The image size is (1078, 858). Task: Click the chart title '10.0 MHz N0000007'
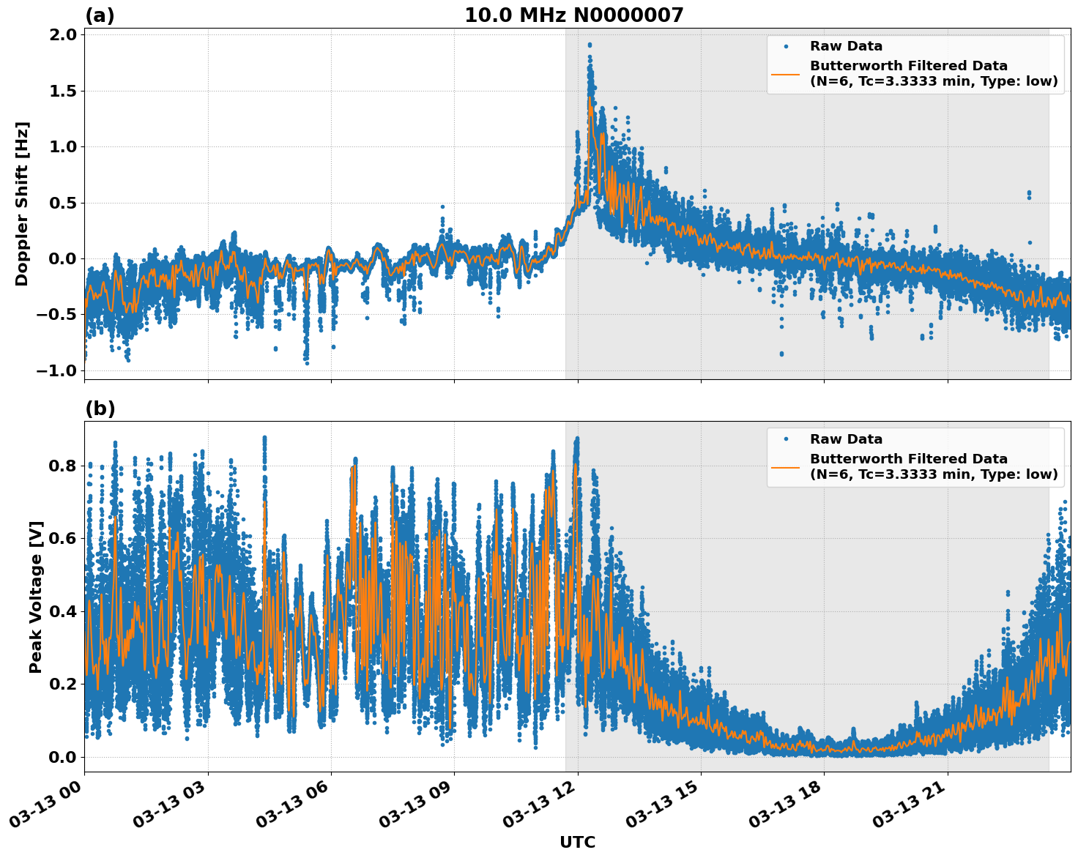tap(573, 15)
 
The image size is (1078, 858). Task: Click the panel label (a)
tap(100, 15)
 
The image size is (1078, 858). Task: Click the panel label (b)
tap(100, 409)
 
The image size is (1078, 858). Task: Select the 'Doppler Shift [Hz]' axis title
tap(23, 204)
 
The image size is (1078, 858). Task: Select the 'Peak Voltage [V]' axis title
tap(36, 597)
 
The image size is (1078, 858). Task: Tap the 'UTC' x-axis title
tap(577, 843)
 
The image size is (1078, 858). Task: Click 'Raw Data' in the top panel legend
tap(846, 46)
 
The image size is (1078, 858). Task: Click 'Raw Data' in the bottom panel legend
tap(846, 439)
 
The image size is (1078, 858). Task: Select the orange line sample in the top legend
tap(785, 74)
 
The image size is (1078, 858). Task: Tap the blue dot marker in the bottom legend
tap(785, 439)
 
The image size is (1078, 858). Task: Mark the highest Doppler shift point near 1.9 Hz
tap(590, 45)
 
